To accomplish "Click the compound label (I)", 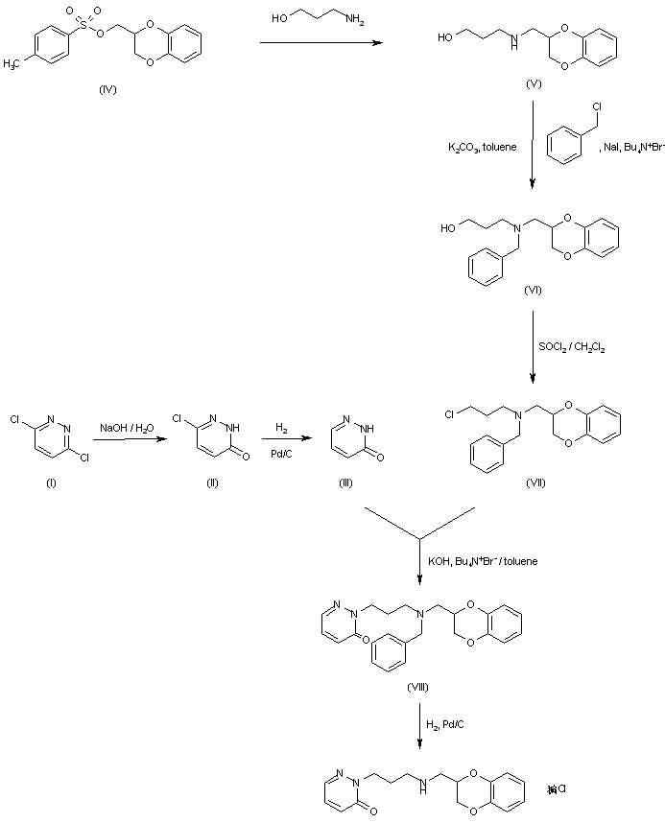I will click(x=51, y=482).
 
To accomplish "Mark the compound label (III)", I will click(x=346, y=482).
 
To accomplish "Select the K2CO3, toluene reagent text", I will click(x=484, y=147).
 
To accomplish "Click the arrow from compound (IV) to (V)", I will click(x=322, y=42).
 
